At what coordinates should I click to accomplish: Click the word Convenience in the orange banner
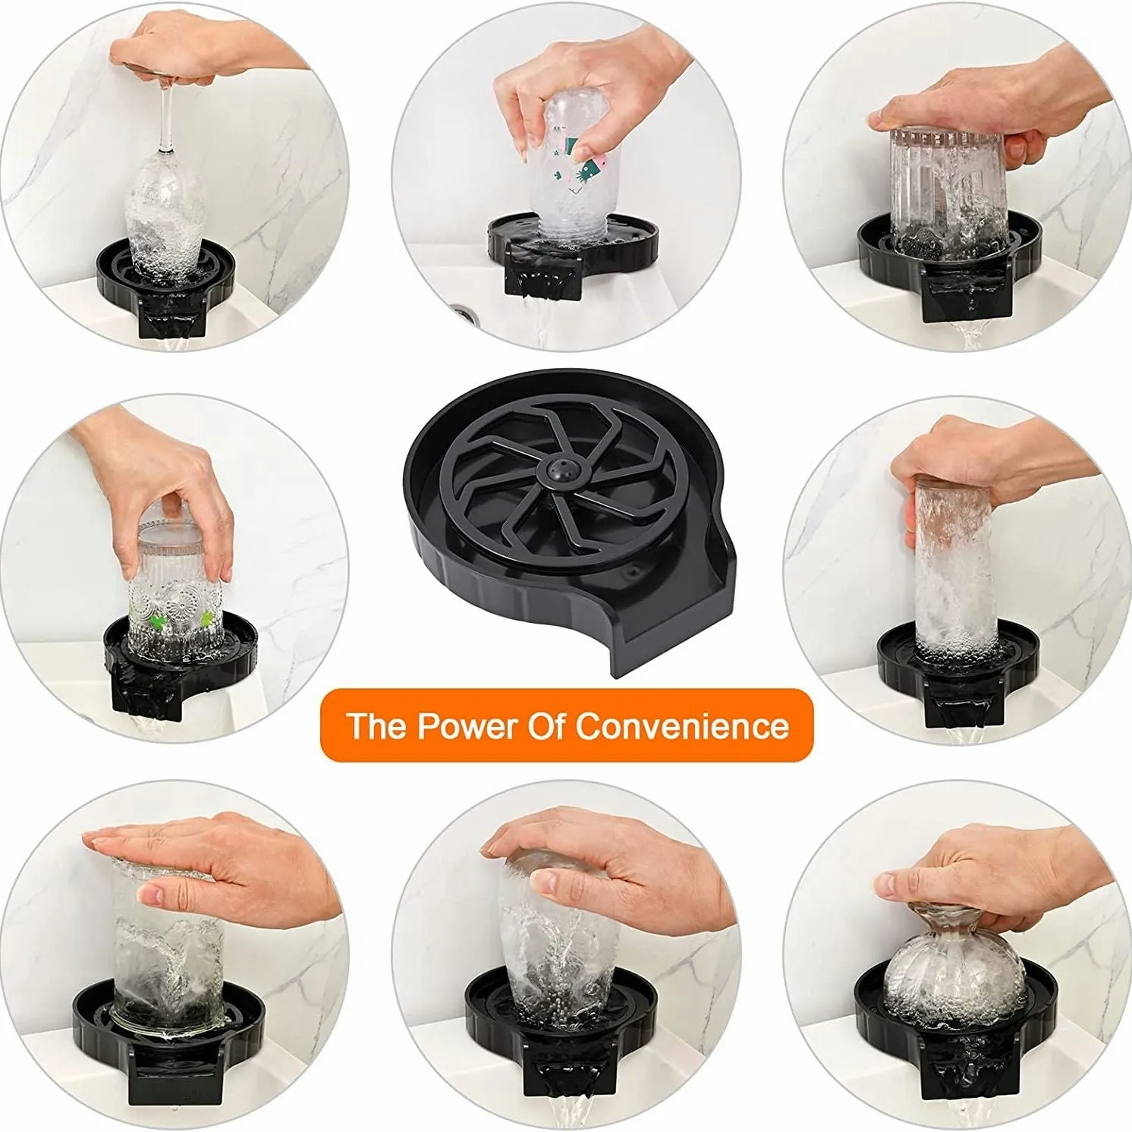coord(682,726)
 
